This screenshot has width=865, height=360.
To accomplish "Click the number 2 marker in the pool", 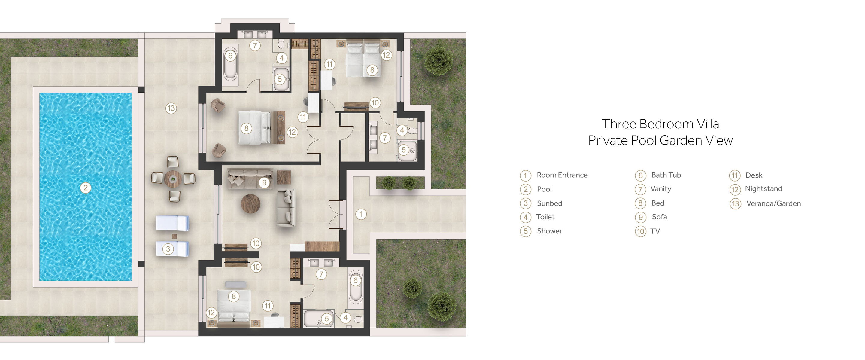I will [x=86, y=188].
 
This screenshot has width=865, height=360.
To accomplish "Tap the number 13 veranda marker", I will [x=171, y=108].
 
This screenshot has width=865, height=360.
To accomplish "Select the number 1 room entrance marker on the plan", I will [x=361, y=214].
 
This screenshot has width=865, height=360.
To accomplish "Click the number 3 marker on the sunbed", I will [x=168, y=249].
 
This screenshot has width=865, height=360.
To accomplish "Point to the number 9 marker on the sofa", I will [x=264, y=182].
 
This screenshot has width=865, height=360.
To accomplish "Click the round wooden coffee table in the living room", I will [x=250, y=203].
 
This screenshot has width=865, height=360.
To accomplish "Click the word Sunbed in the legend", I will [x=549, y=203].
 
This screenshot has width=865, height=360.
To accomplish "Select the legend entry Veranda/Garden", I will [x=773, y=203].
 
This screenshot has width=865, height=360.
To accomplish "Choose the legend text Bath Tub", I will [x=666, y=175].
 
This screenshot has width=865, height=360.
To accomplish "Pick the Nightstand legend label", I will [x=763, y=189].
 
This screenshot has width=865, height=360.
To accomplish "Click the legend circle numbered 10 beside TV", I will [x=640, y=231].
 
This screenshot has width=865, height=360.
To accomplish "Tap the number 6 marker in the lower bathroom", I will [x=356, y=280].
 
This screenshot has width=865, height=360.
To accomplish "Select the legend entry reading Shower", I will [x=549, y=231].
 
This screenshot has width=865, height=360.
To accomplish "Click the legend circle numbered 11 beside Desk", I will [x=734, y=175].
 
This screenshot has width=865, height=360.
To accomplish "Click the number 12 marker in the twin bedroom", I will [x=387, y=55].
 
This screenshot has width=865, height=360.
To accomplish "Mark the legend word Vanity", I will [x=660, y=189].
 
